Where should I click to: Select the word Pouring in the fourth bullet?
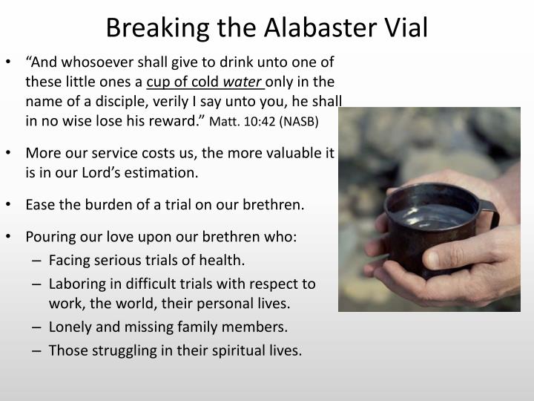click(x=50, y=238)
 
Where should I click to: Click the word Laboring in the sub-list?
click(x=76, y=283)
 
